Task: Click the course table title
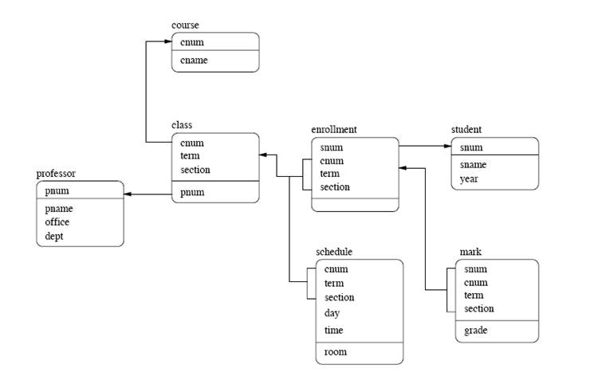coord(185,25)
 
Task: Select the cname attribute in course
coord(194,61)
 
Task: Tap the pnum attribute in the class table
coord(192,192)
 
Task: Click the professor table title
coord(56,174)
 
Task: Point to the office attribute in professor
coord(57,222)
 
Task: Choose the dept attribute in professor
coord(55,237)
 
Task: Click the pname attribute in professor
coord(59,208)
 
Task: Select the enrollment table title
coord(333,129)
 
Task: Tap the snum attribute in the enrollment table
coord(331,147)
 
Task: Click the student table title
coord(466,129)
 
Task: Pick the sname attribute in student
coord(473,165)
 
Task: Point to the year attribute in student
coord(469,179)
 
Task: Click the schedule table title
coord(334,252)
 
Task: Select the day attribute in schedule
coord(332,313)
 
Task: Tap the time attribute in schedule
coord(334,330)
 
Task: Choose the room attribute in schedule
coord(336,351)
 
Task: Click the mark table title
coord(470,252)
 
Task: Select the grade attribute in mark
coord(475,330)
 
